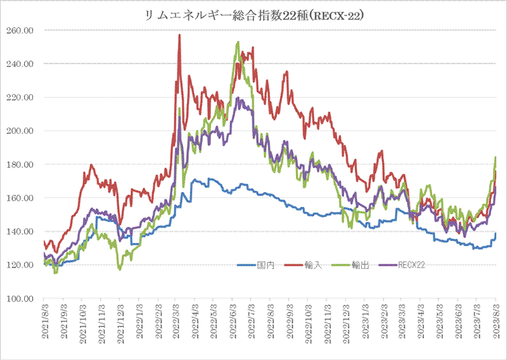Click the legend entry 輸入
314,266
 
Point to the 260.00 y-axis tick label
21,30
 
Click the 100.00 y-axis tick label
21,298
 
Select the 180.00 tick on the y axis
21,165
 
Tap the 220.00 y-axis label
21,98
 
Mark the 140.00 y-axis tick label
21,232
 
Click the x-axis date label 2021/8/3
44,325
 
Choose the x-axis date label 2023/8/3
496,325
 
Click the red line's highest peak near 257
179,35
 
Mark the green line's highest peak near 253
238,42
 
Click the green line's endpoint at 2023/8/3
496,157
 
